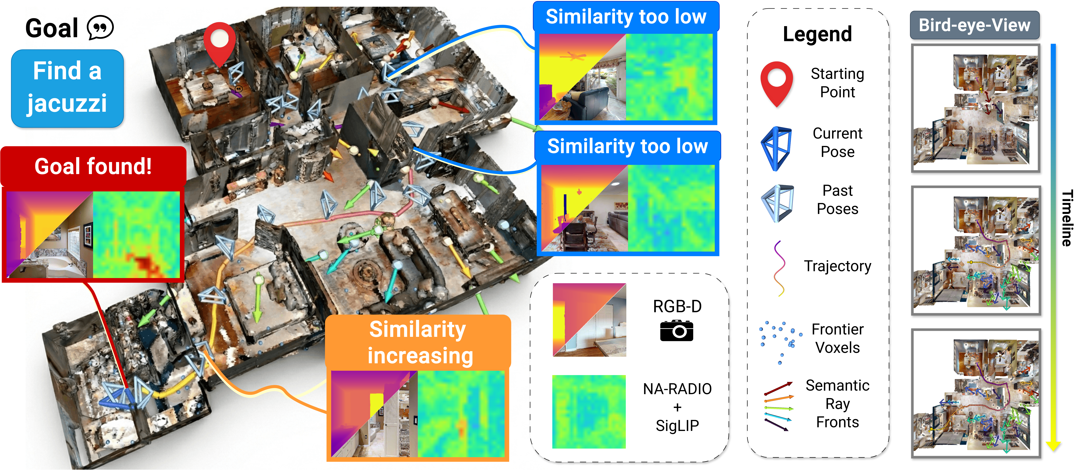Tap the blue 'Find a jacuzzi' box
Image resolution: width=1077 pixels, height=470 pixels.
coord(67,88)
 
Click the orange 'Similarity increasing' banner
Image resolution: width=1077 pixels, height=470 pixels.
coord(418,342)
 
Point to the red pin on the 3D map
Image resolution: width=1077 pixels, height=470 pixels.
coord(220,42)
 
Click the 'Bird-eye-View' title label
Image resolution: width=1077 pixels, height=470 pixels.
coord(974,25)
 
